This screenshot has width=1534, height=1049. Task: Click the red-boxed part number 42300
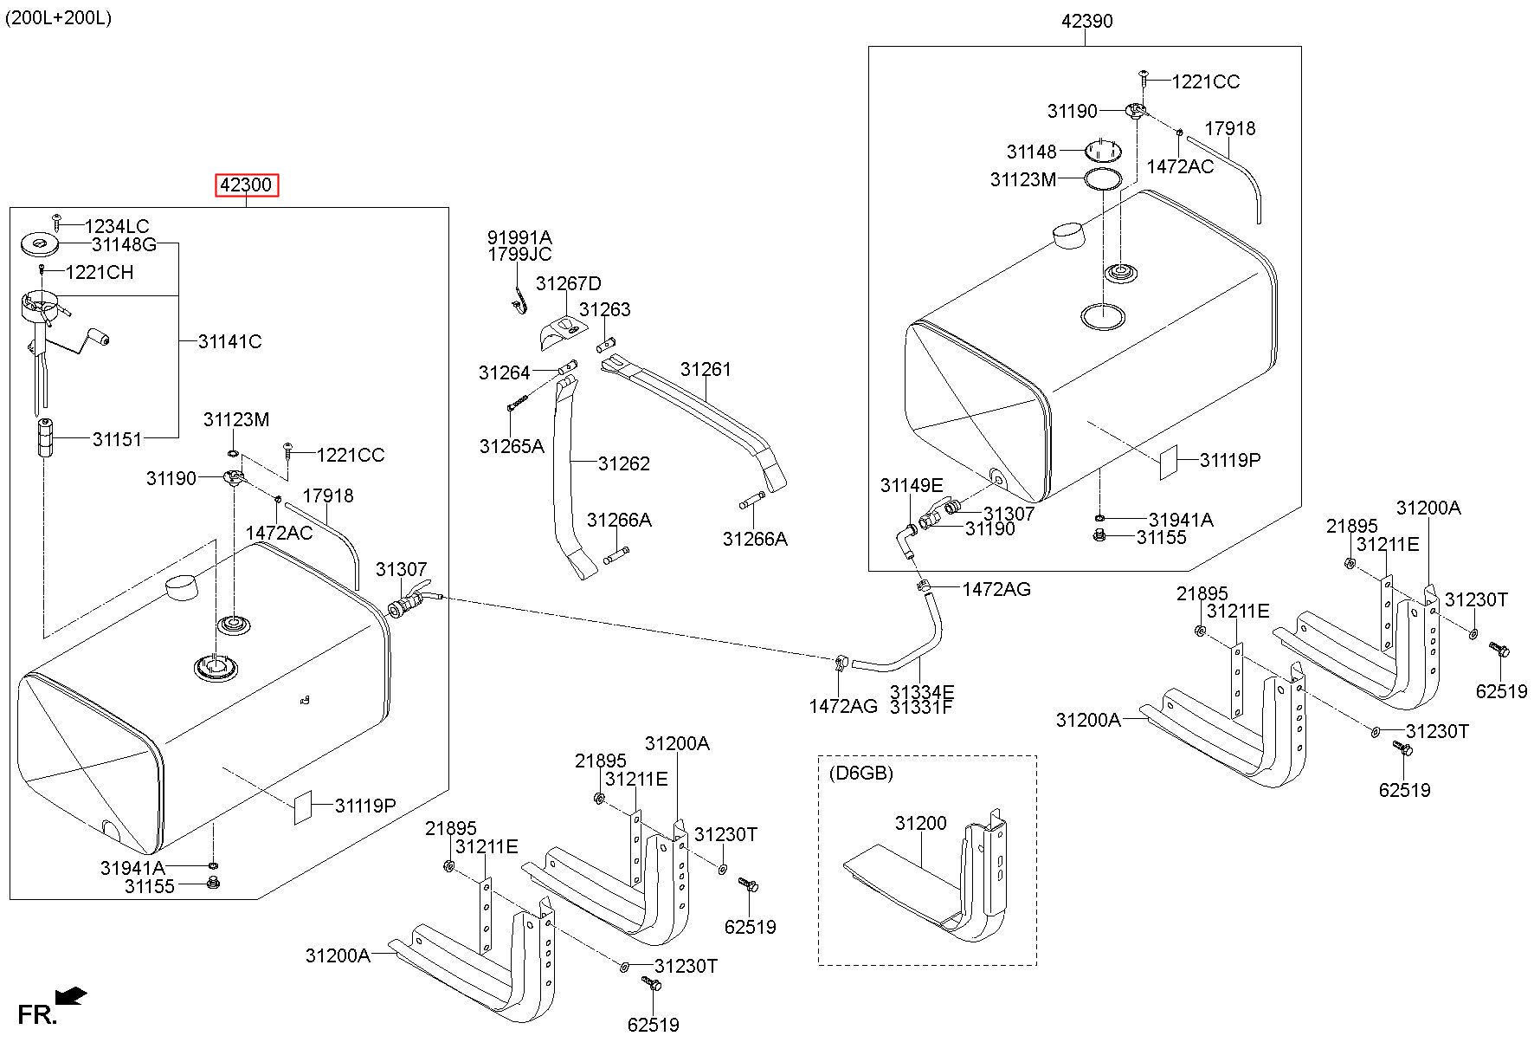[x=247, y=185]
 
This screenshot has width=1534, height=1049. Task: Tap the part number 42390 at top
[x=1087, y=21]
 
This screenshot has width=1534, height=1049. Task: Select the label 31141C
[x=229, y=341]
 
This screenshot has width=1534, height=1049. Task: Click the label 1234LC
[x=117, y=227]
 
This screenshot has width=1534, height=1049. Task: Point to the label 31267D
[x=568, y=283]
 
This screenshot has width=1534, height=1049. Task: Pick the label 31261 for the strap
[x=706, y=369]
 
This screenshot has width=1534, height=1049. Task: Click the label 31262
[x=623, y=463]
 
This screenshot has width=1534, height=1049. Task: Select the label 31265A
[x=512, y=446]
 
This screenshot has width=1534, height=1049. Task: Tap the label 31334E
[x=922, y=691]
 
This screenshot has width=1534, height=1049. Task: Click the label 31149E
[x=912, y=485]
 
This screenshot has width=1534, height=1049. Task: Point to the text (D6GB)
[x=861, y=772]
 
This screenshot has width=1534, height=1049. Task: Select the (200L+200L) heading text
[x=58, y=18]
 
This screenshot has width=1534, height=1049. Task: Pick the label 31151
[x=117, y=439]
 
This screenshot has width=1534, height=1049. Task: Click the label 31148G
[x=124, y=244]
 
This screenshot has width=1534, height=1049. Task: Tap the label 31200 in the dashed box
[x=921, y=823]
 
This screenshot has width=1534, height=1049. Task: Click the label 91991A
[x=519, y=237]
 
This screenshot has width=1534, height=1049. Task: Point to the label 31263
[x=605, y=309]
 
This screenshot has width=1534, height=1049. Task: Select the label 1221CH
[x=100, y=272]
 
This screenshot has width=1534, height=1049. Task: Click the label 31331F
[x=921, y=707]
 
